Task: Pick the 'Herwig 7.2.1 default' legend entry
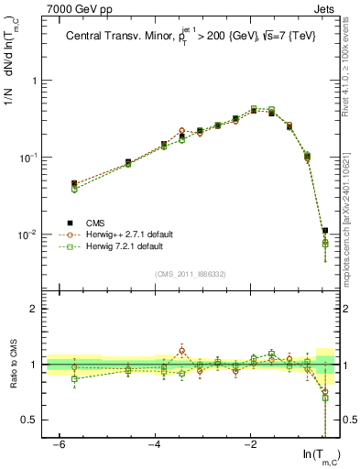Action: pyautogui.click(x=117, y=247)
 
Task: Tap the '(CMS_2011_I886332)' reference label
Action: pyautogui.click(x=189, y=273)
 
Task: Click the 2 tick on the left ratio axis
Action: pyautogui.click(x=35, y=309)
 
